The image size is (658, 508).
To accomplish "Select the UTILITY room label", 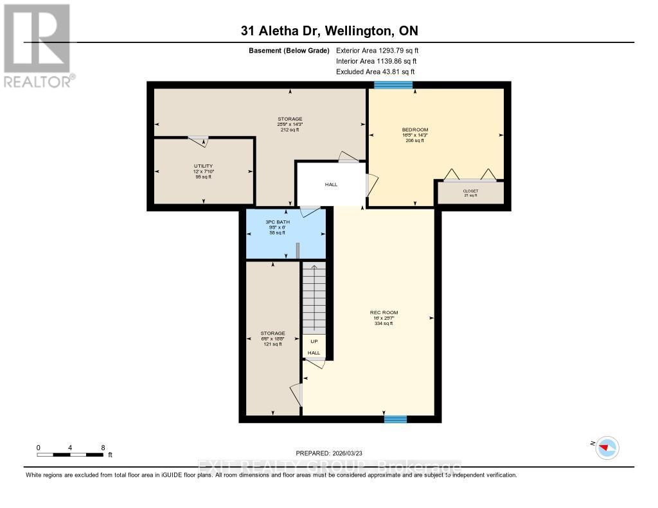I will (203, 166).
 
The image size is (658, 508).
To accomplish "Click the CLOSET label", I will (470, 191).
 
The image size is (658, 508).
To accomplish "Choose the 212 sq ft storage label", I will (290, 119).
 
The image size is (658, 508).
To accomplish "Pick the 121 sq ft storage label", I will (272, 333).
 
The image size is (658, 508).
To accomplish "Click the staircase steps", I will (314, 299).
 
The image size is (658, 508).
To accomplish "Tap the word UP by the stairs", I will (314, 341).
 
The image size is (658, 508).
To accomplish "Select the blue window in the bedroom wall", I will (393, 85).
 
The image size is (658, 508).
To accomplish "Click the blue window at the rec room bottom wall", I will (395, 419).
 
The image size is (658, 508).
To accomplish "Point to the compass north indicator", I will (607, 447).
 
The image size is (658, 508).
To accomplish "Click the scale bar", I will (70, 455).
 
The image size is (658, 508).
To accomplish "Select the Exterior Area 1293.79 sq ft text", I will (377, 50).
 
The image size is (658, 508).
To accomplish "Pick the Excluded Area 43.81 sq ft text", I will (375, 72).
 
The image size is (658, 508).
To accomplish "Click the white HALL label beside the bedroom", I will (330, 184).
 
